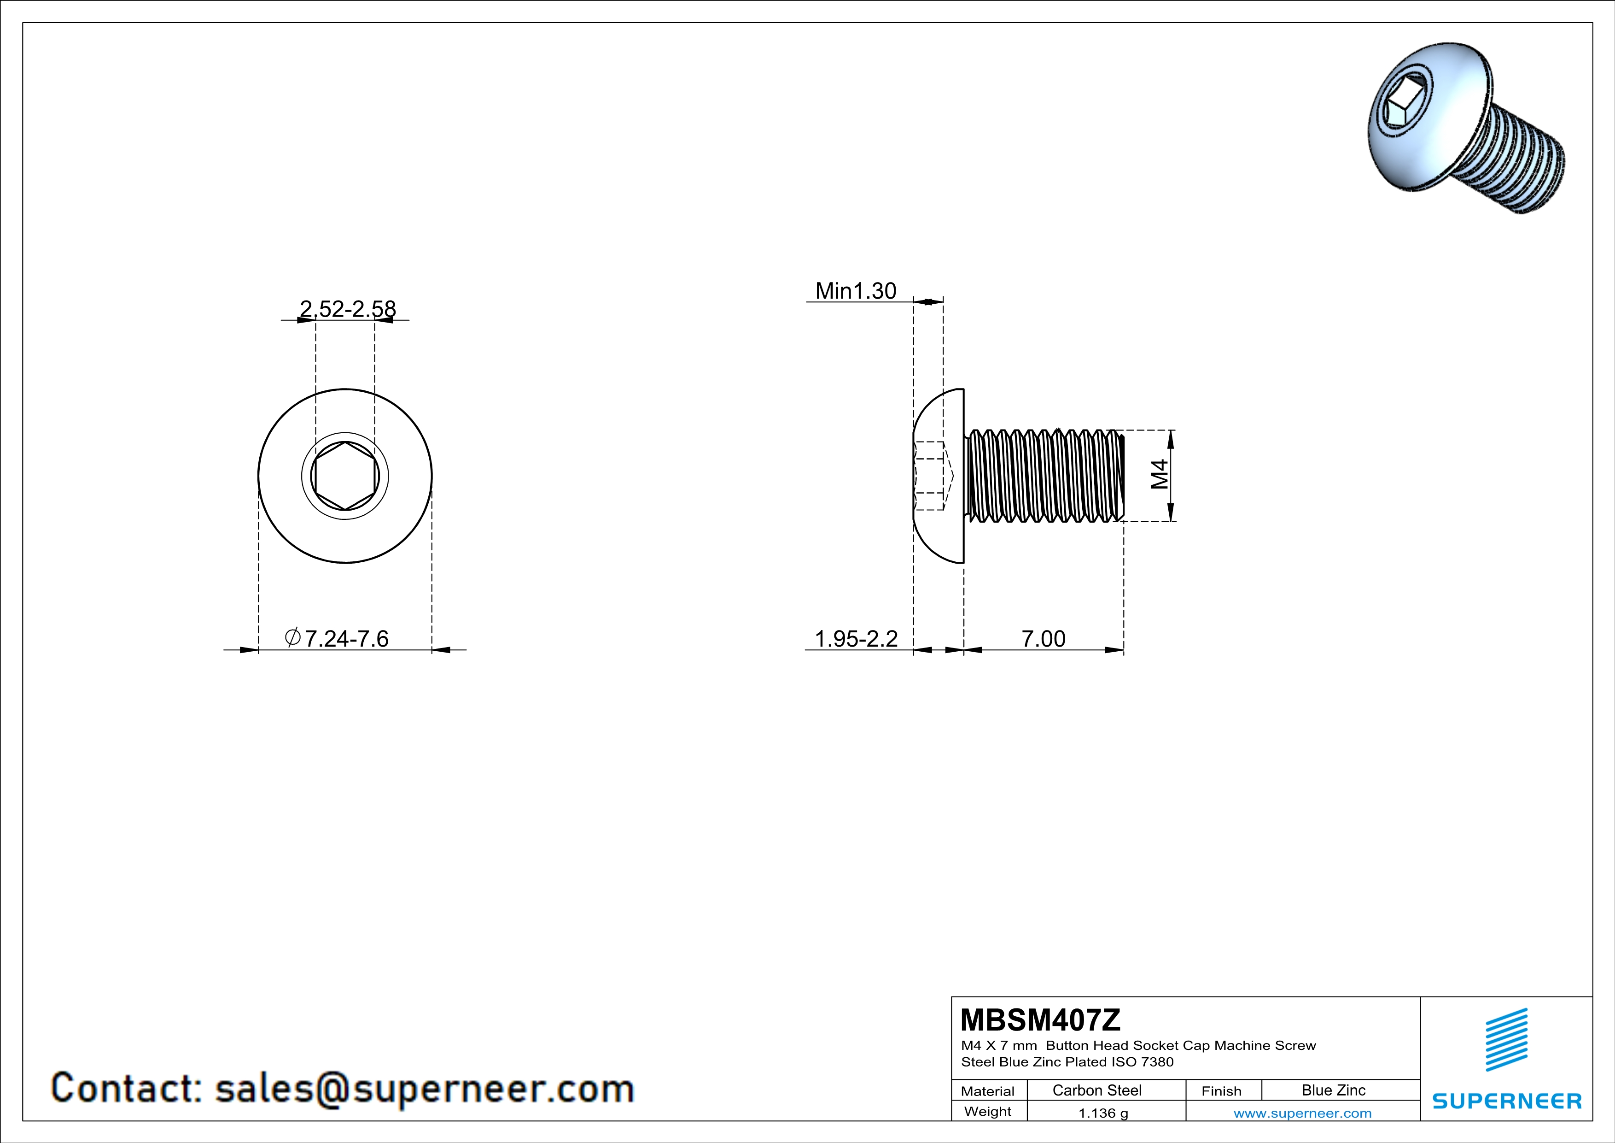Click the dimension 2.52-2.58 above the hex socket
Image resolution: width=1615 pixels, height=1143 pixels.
(x=348, y=309)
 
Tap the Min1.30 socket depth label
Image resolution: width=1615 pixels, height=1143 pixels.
(x=855, y=291)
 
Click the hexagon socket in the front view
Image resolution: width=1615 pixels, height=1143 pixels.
(x=344, y=476)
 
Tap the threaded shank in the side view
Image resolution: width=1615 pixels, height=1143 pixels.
(x=1044, y=476)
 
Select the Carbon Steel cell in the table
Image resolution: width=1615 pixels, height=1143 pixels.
(x=1096, y=1090)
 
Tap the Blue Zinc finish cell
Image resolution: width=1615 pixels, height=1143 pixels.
(x=1333, y=1090)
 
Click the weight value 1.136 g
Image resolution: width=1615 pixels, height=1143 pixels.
(x=1103, y=1113)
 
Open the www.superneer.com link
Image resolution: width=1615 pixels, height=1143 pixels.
(x=1302, y=1113)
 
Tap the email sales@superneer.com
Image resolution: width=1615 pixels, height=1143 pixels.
(x=424, y=1088)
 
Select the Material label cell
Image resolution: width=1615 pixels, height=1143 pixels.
(x=988, y=1091)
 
